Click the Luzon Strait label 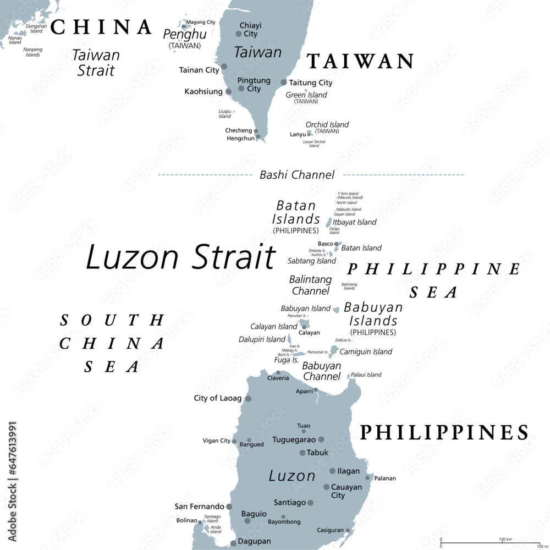[180, 257]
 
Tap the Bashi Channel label [297, 175]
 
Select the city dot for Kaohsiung [229, 91]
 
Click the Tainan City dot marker [224, 67]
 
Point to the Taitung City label [310, 82]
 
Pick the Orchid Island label [327, 124]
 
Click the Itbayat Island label [355, 222]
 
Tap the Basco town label [325, 244]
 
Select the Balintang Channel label [311, 285]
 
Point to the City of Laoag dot [248, 399]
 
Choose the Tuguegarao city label [294, 439]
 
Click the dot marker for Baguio [248, 520]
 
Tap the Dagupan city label [254, 541]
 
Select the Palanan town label [385, 478]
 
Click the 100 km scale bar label [505, 538]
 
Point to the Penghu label [185, 34]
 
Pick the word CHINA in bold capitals [102, 27]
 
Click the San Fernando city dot [229, 507]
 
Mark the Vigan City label [217, 441]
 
